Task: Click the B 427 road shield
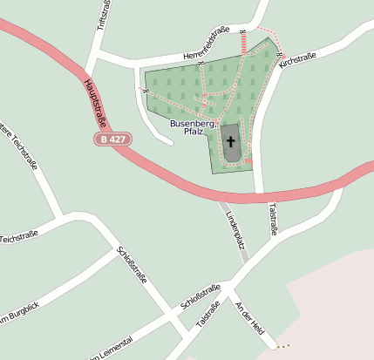[x=112, y=139]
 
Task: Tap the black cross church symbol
[x=231, y=140]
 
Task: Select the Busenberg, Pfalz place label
[x=193, y=128]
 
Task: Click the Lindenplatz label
[x=232, y=227]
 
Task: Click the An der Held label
[x=250, y=318]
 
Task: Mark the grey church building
[x=231, y=148]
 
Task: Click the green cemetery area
[x=174, y=87]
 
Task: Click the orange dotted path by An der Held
[x=282, y=346]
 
